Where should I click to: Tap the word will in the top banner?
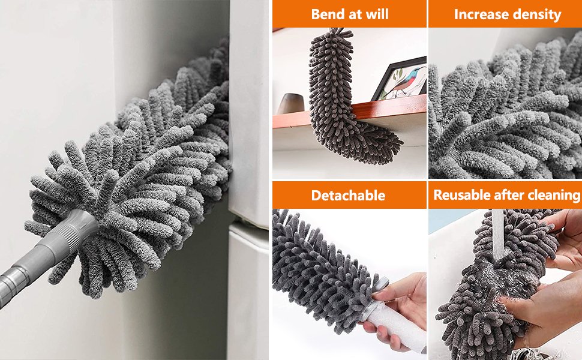(377, 14)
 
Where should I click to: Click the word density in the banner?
(535, 15)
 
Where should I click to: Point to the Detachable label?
(348, 195)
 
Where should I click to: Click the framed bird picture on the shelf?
(400, 79)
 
